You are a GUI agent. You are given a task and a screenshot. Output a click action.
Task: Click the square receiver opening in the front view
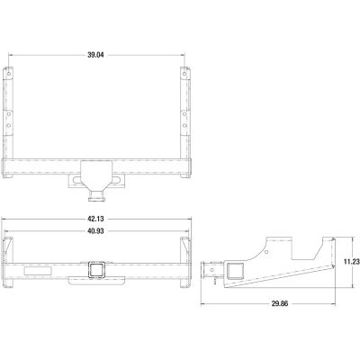(x=94, y=268)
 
